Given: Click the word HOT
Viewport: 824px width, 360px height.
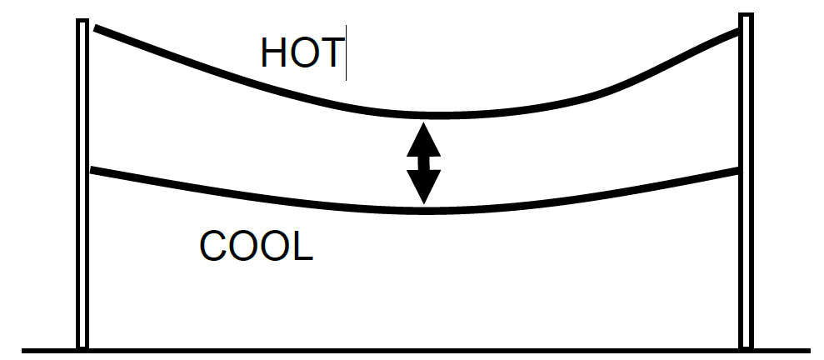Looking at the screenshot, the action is [x=301, y=52].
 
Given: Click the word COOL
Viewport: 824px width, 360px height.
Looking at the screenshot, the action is [x=256, y=246].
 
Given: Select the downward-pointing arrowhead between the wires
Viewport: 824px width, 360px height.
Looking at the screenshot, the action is [x=423, y=186].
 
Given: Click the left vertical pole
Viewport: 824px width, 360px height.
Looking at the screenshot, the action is [x=82, y=183].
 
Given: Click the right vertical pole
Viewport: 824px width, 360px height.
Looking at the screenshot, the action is [x=746, y=183].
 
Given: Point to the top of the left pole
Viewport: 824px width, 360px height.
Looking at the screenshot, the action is [x=82, y=22].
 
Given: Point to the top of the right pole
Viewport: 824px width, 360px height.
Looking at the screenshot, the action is [x=746, y=15].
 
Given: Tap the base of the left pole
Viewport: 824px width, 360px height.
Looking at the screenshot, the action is [x=82, y=345].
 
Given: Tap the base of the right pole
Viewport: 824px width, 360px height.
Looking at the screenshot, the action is [x=746, y=345].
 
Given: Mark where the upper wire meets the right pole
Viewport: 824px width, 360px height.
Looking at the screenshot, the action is [x=738, y=33].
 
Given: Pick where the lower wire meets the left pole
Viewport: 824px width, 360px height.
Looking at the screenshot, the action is [x=91, y=172].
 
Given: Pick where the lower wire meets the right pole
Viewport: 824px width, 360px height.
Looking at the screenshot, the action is [x=738, y=172].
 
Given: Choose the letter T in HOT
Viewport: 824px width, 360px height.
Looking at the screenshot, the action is [x=332, y=52].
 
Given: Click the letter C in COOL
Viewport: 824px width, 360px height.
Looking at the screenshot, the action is [x=213, y=246].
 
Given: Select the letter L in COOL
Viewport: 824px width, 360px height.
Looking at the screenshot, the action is [x=302, y=246].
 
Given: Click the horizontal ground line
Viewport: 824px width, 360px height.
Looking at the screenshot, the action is [x=417, y=350].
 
